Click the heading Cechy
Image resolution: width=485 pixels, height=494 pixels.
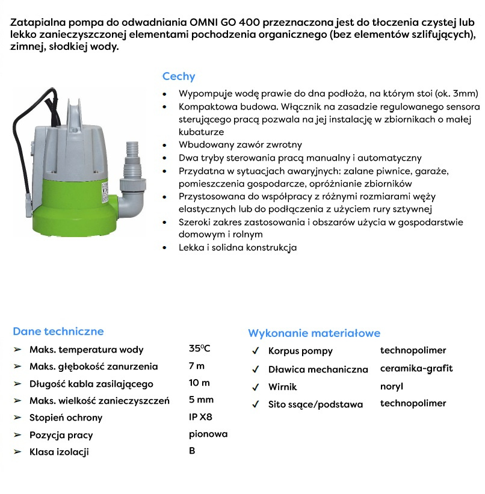179,76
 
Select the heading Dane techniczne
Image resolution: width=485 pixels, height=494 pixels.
58,331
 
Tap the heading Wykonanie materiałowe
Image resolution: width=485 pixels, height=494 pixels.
314,333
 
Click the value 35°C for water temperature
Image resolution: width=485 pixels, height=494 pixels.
199,348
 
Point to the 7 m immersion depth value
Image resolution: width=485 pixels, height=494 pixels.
197,365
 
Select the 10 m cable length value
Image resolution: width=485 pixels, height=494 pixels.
199,383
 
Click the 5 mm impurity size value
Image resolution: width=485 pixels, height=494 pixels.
201,400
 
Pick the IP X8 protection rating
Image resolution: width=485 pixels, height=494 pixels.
200,416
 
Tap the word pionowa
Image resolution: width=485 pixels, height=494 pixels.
208,433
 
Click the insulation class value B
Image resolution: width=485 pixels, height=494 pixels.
192,450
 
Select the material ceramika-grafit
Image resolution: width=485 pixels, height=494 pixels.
416,368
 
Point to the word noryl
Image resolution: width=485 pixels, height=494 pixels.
392,386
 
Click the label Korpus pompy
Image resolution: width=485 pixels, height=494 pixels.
300,351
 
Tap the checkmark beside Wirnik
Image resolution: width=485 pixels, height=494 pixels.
256,386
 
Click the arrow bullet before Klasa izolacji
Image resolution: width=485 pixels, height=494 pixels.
17,451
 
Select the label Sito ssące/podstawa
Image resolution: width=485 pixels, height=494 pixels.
315,404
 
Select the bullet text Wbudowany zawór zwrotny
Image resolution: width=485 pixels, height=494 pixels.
240,145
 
